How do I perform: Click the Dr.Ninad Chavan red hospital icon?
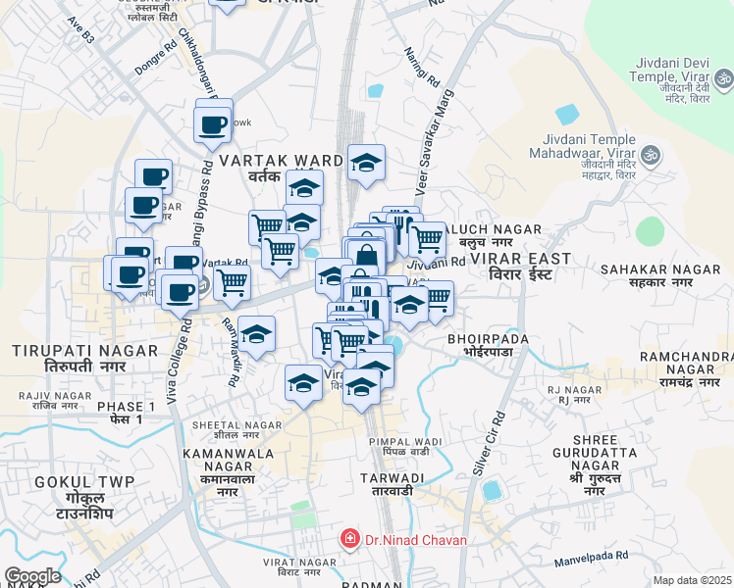347,539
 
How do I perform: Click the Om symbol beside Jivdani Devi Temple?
721,78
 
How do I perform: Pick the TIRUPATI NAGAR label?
86,357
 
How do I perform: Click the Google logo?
32,576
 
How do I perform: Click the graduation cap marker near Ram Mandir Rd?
256,337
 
